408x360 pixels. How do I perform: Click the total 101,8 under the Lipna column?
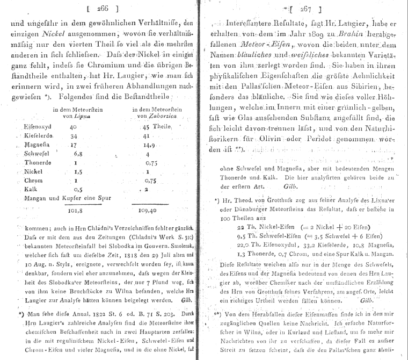coord(70,211)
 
